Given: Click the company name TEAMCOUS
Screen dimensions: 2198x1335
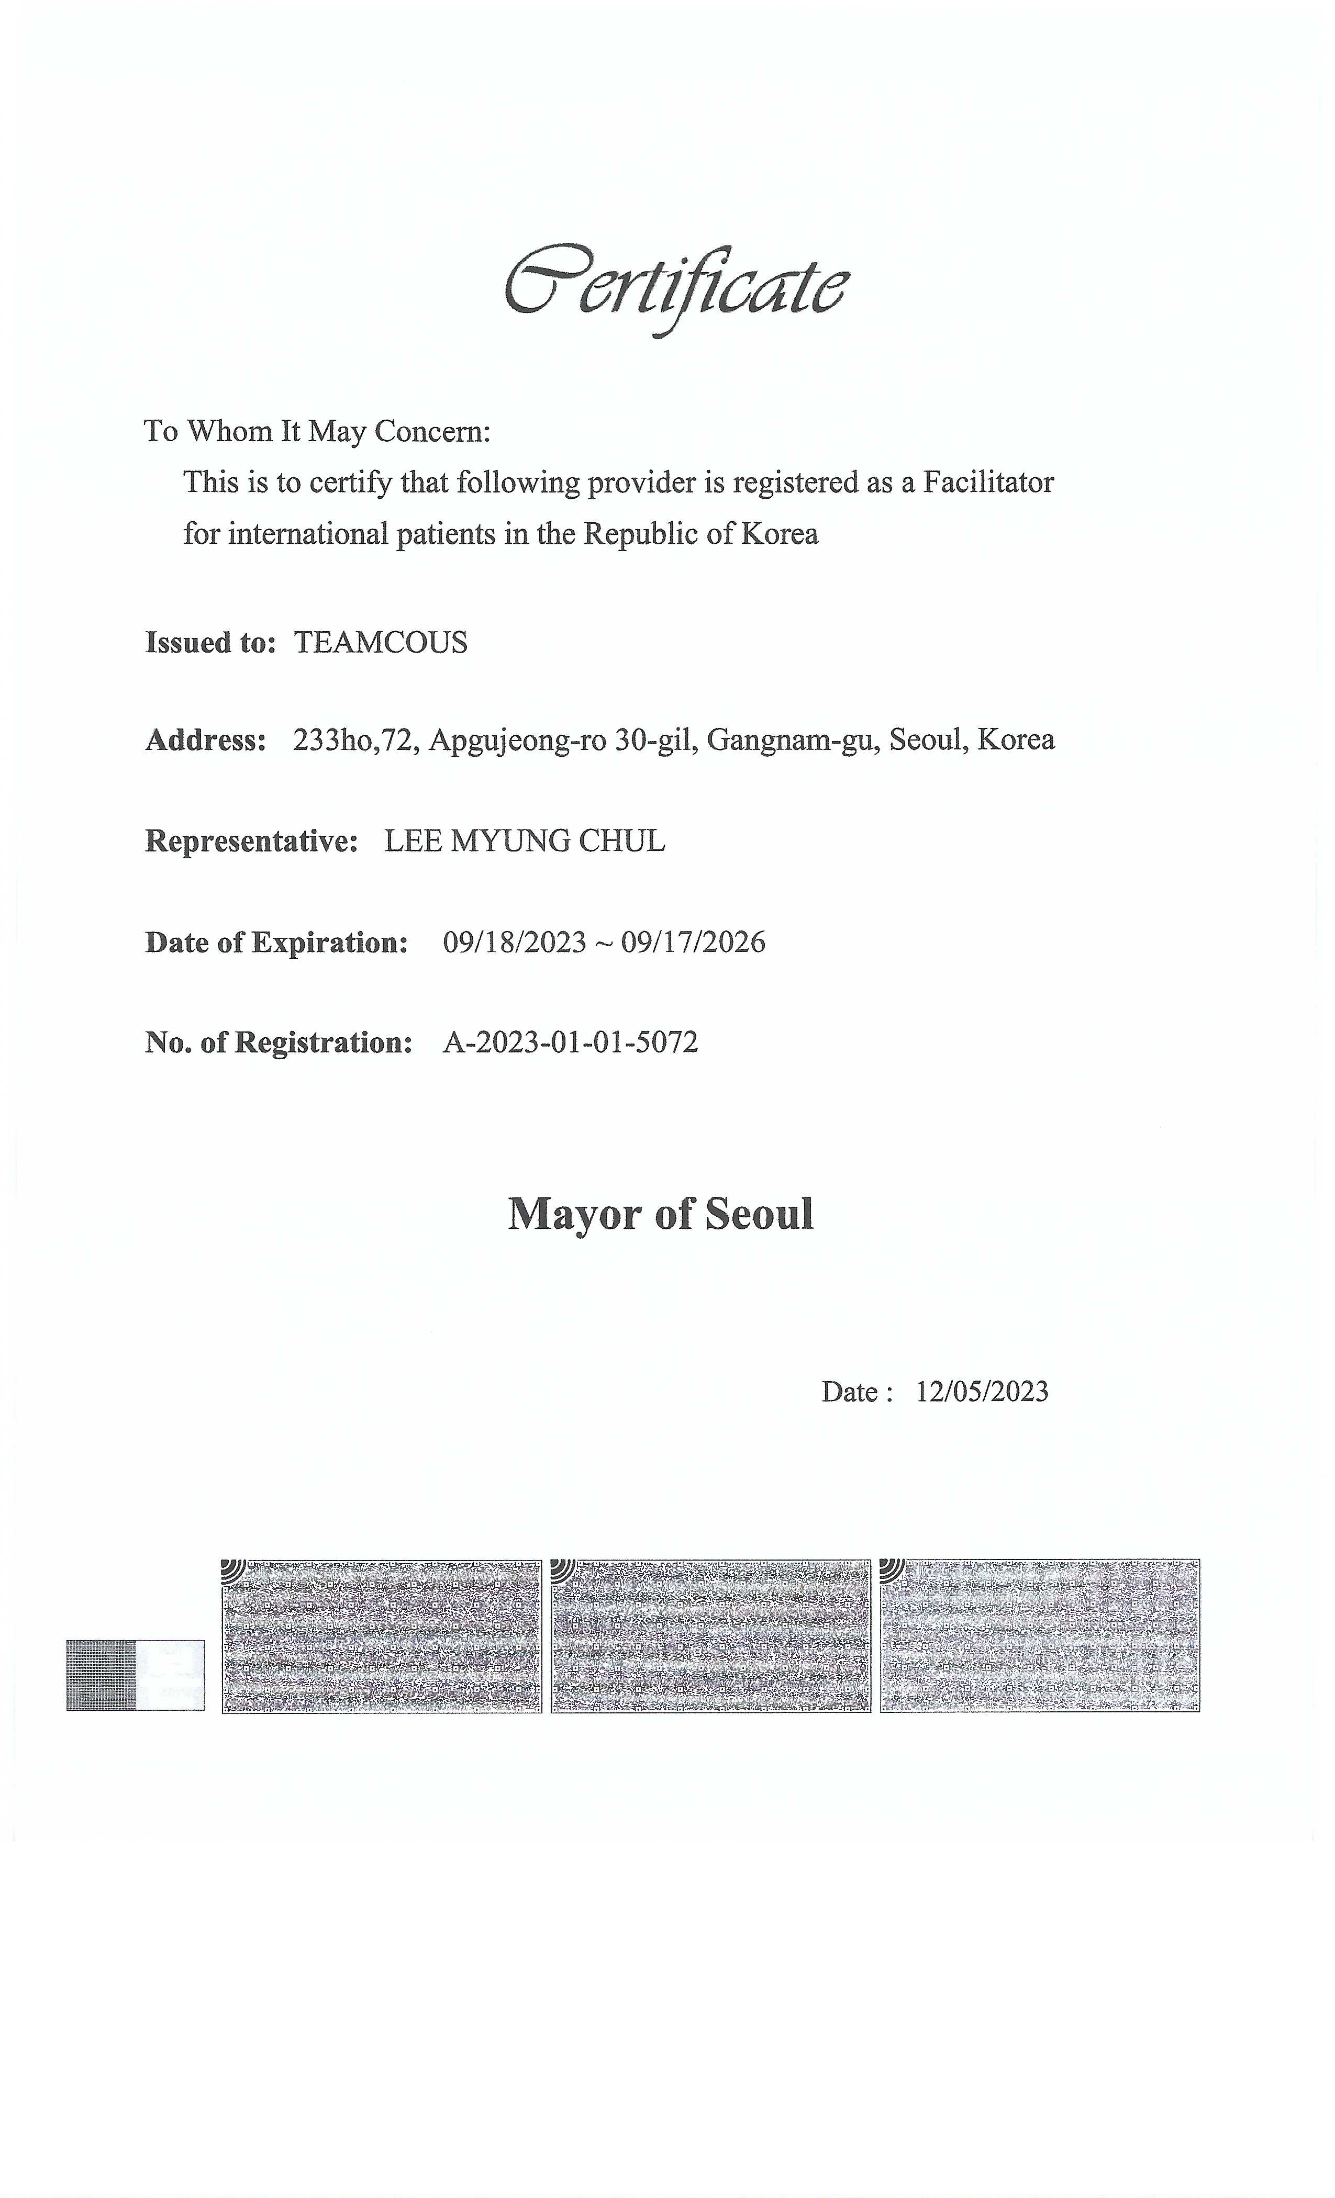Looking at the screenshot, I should point(380,642).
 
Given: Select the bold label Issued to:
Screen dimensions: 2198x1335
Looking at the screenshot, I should point(210,642).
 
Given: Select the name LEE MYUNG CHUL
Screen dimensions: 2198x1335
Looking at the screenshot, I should point(525,840).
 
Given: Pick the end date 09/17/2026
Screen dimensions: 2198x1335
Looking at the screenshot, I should point(693,942).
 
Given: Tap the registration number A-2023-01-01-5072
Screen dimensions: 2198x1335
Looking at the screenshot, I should point(570,1042).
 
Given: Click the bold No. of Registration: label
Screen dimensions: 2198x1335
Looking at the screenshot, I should point(279,1042).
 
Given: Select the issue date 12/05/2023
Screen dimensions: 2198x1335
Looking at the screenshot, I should point(982,1392).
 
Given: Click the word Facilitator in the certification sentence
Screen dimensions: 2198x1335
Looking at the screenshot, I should point(988,483).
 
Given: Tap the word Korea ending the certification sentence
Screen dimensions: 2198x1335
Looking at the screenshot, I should point(780,534).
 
